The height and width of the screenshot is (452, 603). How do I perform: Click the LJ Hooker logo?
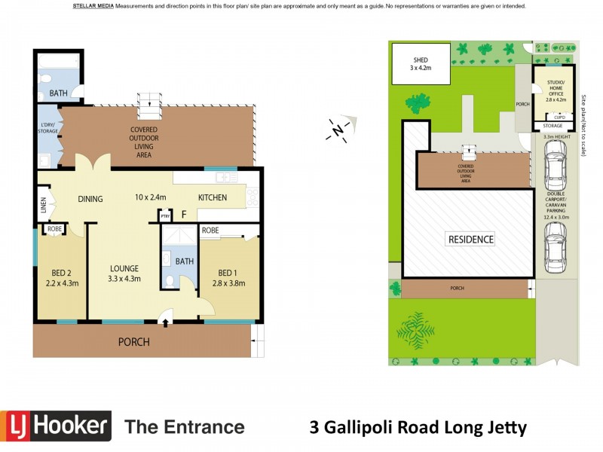tap(56, 426)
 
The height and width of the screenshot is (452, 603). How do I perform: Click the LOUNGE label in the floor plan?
tap(124, 268)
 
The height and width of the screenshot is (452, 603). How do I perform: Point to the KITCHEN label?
tap(213, 198)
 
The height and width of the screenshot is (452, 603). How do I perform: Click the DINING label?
tap(90, 199)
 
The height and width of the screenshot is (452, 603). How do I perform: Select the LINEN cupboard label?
tap(43, 205)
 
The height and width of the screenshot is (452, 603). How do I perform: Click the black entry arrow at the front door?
tap(165, 322)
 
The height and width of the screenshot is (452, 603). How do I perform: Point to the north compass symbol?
tap(338, 129)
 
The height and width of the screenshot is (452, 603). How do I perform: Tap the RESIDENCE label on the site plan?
tap(472, 240)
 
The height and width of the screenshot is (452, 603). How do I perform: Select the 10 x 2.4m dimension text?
tap(151, 198)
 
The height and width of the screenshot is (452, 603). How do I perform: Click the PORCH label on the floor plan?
tap(134, 342)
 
